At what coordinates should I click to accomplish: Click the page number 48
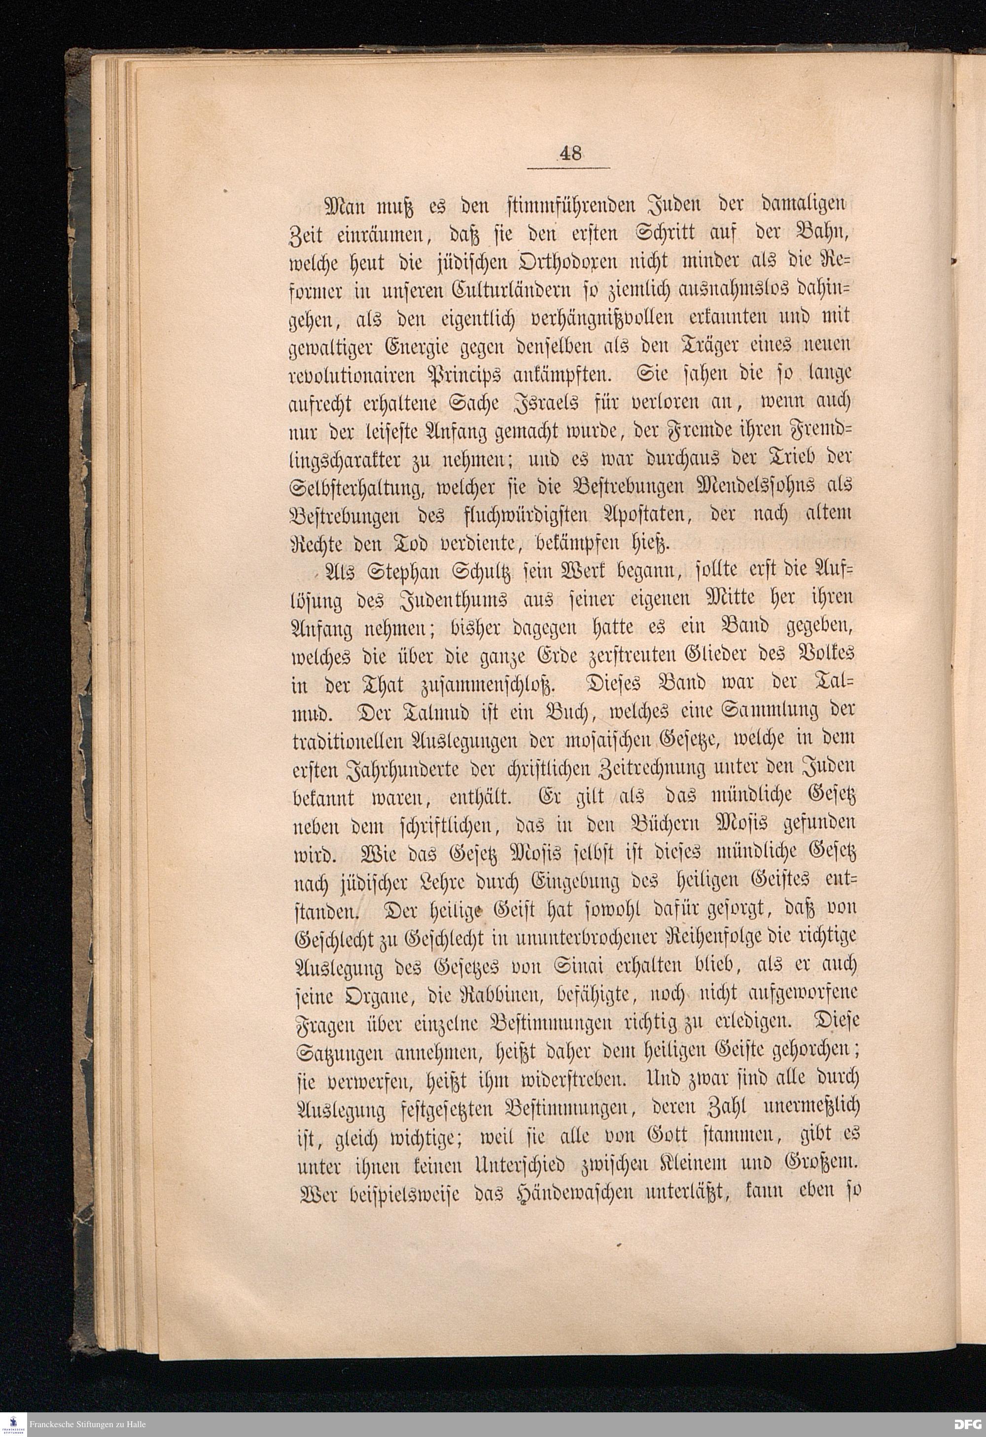click(x=569, y=152)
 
